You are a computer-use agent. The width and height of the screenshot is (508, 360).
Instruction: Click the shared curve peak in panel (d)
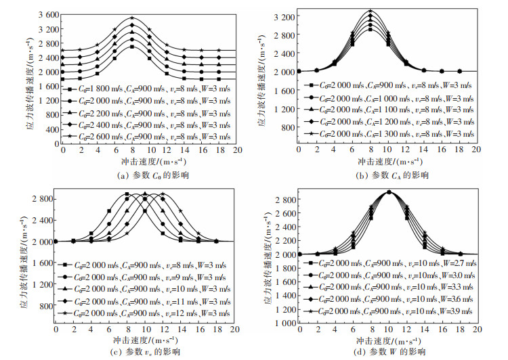click(388, 192)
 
